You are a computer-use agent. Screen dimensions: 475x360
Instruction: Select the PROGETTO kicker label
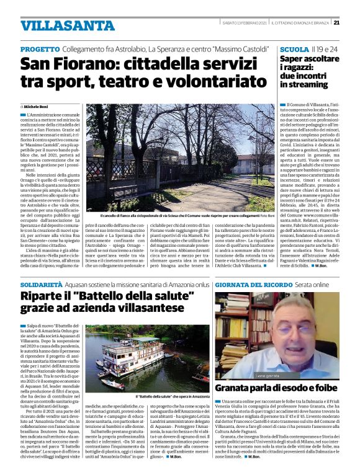[x=39, y=48]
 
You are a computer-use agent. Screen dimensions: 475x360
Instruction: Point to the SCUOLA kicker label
[x=294, y=48]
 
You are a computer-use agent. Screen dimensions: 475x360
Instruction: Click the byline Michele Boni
[x=39, y=106]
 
